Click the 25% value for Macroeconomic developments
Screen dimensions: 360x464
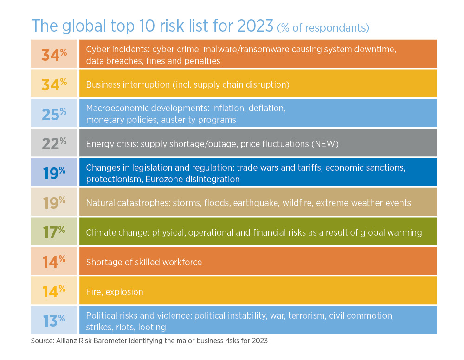click(x=54, y=114)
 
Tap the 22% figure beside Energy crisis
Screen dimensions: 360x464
click(x=54, y=143)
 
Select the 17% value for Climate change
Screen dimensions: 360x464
click(x=54, y=232)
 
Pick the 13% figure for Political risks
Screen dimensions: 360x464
click(x=54, y=320)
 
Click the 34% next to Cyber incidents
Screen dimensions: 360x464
click(x=54, y=55)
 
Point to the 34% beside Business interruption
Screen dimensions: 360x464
click(x=54, y=84)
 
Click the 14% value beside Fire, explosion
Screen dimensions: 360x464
click(x=54, y=291)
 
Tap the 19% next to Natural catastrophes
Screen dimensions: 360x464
click(x=54, y=202)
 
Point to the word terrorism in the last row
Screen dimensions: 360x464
click(x=307, y=315)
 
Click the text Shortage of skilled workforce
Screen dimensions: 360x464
click(x=144, y=262)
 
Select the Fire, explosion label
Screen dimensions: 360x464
click(x=115, y=292)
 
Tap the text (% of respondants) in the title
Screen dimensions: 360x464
click(x=323, y=28)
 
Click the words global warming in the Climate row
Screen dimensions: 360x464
click(x=392, y=232)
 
